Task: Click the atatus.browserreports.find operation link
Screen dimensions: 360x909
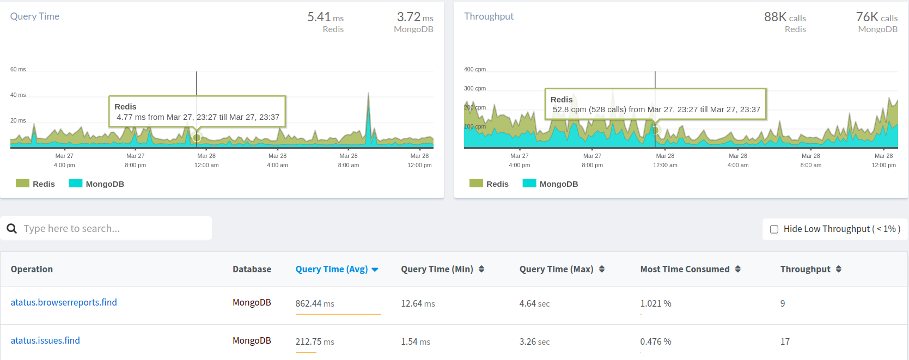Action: (x=64, y=302)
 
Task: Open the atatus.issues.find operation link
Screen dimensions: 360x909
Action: (x=45, y=340)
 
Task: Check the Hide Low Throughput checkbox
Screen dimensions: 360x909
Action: (x=774, y=229)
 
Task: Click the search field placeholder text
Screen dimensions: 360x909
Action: (x=71, y=229)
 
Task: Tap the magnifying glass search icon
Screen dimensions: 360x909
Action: (x=12, y=229)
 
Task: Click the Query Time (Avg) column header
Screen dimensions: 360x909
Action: (x=332, y=269)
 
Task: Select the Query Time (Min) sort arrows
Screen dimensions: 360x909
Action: (x=481, y=269)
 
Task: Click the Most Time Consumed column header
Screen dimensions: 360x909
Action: (x=685, y=269)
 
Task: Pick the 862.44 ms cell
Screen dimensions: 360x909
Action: (x=315, y=303)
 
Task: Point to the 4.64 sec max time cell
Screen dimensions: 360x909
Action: (x=534, y=303)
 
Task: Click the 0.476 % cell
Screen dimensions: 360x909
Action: (x=655, y=341)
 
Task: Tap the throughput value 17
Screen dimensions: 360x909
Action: (x=785, y=341)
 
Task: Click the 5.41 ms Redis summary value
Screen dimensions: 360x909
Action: (x=325, y=17)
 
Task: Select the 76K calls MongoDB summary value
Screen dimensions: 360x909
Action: (x=876, y=17)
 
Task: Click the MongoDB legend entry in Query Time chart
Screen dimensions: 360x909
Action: (x=97, y=184)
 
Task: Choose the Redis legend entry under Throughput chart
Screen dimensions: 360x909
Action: (x=489, y=184)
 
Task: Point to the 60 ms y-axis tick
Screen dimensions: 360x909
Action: (x=18, y=69)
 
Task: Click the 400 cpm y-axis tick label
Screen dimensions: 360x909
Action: (x=474, y=69)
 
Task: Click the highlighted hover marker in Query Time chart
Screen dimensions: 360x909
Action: (x=197, y=137)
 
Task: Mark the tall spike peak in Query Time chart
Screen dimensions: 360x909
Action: (x=369, y=94)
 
